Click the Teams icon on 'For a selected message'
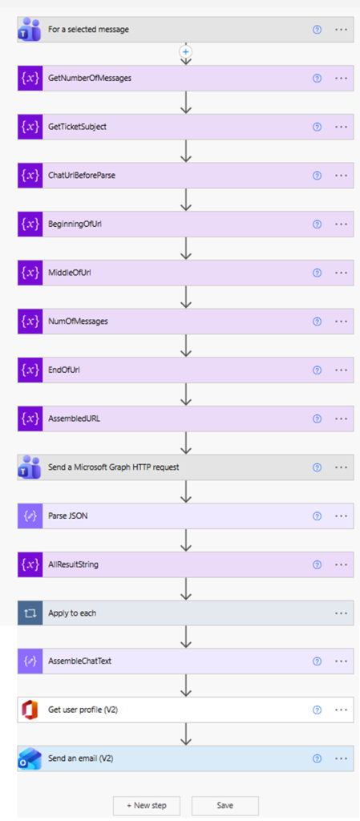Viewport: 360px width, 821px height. pos(30,30)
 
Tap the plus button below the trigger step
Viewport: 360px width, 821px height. pos(186,51)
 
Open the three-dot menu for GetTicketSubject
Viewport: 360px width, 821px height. pos(341,127)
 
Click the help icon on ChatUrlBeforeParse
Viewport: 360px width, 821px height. pos(317,176)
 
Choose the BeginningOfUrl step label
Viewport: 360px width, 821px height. pos(75,224)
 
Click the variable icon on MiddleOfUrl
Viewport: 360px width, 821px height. pos(30,273)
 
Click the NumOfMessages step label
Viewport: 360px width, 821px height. pos(78,322)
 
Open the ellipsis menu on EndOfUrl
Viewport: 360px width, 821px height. pos(341,370)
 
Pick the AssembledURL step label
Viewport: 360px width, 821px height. pos(75,419)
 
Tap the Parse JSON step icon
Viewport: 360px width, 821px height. pos(30,516)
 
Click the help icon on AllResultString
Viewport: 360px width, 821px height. pos(317,564)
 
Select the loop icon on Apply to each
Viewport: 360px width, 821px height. pos(30,613)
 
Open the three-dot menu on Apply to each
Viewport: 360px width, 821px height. pos(341,613)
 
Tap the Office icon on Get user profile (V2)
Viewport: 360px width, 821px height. pos(30,710)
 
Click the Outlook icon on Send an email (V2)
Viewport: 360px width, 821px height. pos(30,758)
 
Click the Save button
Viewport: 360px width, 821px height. pos(225,805)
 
